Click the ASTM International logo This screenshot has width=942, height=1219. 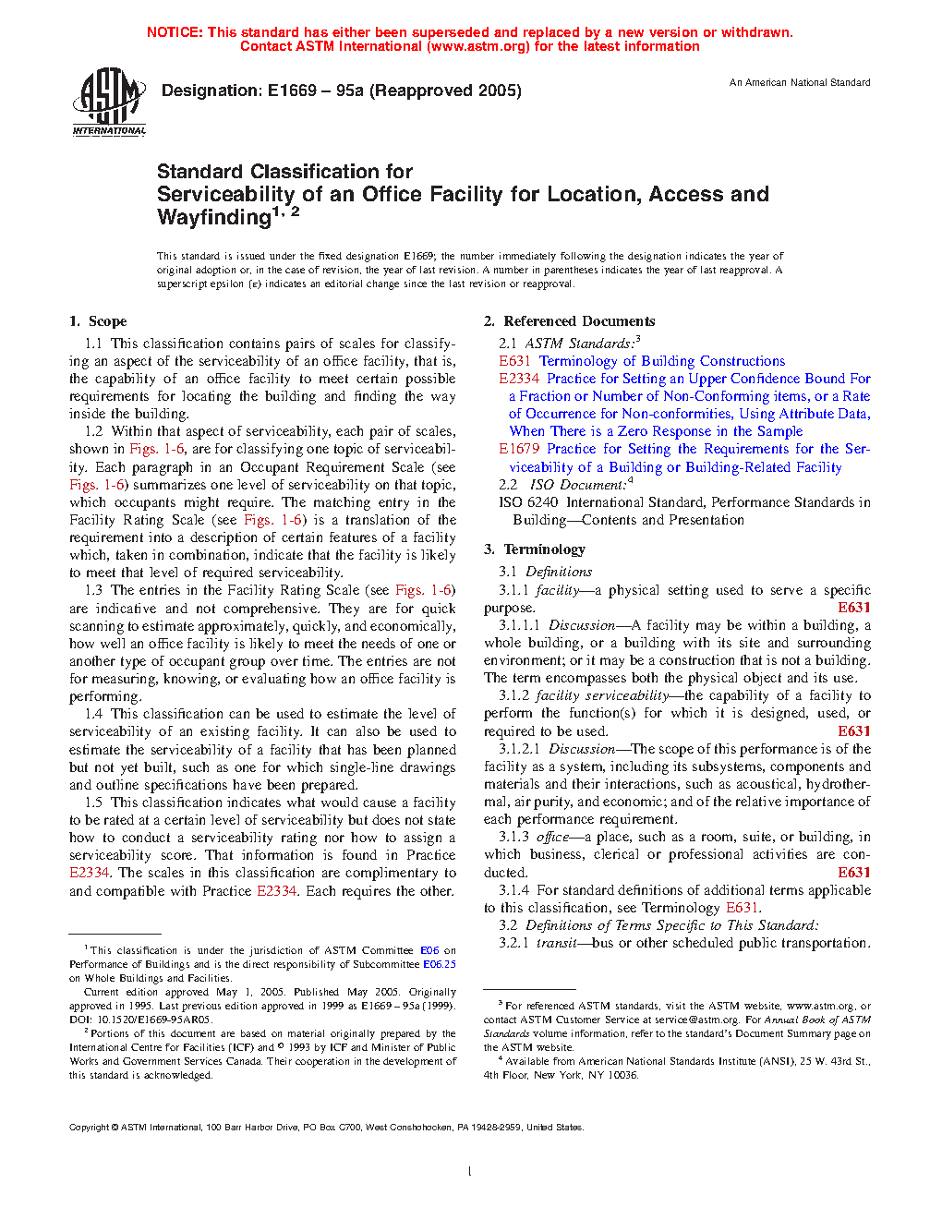click(109, 102)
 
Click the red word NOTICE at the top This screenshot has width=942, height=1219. click(175, 32)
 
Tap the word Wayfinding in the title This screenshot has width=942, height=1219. click(213, 218)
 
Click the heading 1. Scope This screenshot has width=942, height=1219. click(98, 321)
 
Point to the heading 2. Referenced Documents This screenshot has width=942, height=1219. click(569, 321)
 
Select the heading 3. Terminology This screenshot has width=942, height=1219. click(535, 549)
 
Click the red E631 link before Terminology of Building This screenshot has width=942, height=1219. click(514, 361)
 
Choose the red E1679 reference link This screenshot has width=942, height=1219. click(518, 449)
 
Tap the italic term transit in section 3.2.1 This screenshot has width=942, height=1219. click(556, 943)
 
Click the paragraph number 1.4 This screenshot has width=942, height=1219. click(93, 714)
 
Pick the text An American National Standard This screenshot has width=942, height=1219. click(800, 83)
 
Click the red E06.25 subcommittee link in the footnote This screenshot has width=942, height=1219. click(440, 964)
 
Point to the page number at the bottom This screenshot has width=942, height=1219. click(470, 1171)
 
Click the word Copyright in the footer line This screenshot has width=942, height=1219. click(89, 1128)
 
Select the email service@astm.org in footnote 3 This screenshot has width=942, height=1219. click(683, 1020)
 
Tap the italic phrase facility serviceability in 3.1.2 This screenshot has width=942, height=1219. click(602, 695)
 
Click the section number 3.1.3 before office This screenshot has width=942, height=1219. click(513, 837)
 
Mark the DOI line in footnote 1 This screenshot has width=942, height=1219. click(140, 1020)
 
